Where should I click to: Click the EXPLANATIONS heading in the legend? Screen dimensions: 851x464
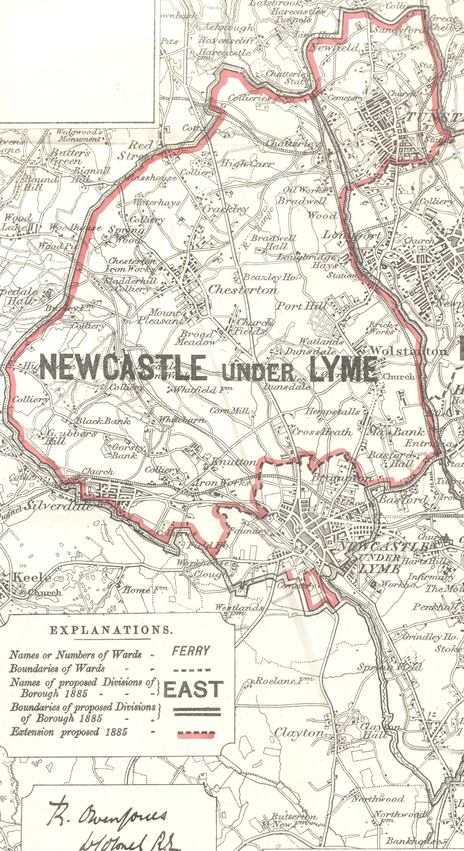(111, 630)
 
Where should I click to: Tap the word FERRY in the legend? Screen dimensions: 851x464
(191, 651)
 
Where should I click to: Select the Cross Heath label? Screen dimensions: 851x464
(322, 432)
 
